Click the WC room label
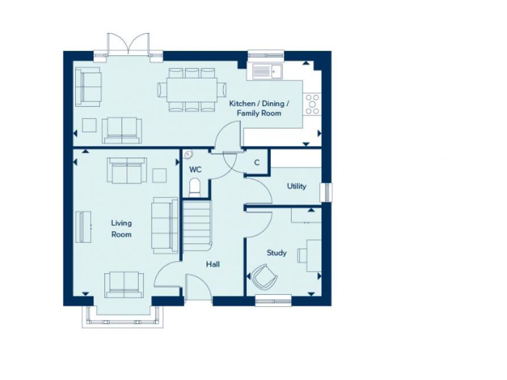pyautogui.click(x=195, y=170)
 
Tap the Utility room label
pyautogui.click(x=296, y=186)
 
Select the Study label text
pyautogui.click(x=277, y=253)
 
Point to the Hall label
pyautogui.click(x=213, y=265)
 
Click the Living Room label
pyautogui.click(x=121, y=229)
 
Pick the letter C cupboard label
pyautogui.click(x=257, y=162)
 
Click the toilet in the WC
pyautogui.click(x=195, y=189)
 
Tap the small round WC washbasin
pyautogui.click(x=188, y=155)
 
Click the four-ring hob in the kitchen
pyautogui.click(x=312, y=104)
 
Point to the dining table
pyautogui.click(x=191, y=89)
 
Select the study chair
pyautogui.click(x=262, y=276)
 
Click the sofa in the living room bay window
pyautogui.click(x=123, y=283)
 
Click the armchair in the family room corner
pyautogui.click(x=87, y=86)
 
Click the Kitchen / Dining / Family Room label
pyautogui.click(x=255, y=109)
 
